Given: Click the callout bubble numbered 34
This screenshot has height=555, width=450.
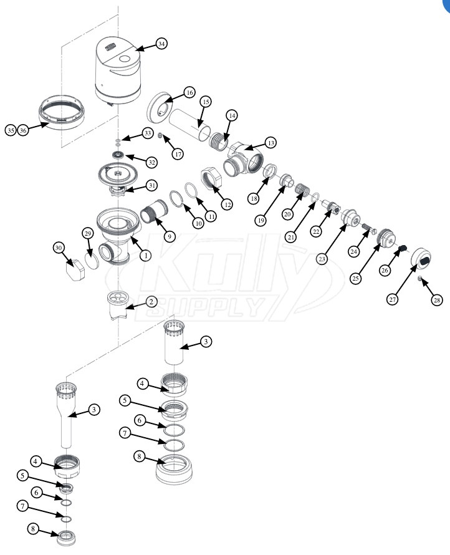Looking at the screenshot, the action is click(161, 44).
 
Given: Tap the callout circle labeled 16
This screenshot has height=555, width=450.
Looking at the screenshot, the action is click(189, 93).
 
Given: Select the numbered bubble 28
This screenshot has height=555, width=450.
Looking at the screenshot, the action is click(437, 300).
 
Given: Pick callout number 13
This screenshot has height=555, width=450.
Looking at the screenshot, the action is click(271, 143).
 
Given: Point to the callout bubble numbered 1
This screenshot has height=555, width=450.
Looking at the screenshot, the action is click(145, 255).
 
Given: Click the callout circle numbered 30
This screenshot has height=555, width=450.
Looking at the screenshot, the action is click(59, 248).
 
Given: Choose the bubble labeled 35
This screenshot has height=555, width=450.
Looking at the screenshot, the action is click(11, 130).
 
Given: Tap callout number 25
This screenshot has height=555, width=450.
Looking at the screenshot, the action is click(355, 278).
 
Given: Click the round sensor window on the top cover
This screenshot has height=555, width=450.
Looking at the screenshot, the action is click(125, 59).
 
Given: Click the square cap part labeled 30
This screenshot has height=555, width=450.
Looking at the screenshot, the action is click(75, 269).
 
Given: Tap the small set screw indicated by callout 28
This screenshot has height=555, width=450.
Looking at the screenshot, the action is click(419, 279).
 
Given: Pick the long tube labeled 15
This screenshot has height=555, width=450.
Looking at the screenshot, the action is click(188, 125).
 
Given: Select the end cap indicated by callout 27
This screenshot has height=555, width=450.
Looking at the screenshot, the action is click(421, 261).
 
